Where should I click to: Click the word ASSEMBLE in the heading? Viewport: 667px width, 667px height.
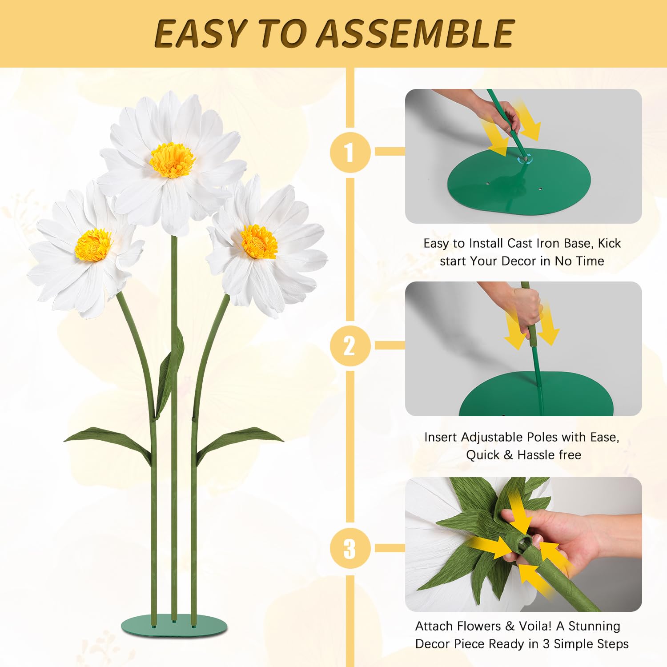coord(415,33)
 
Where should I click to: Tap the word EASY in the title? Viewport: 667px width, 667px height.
coord(200,33)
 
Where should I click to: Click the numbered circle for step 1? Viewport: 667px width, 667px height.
coord(350,152)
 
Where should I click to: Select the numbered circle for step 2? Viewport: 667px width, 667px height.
coord(350,346)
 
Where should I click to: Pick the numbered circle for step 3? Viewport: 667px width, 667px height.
coord(350,548)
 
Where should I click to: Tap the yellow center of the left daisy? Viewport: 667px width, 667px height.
coord(93,245)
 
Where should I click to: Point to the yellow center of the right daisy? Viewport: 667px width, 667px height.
coord(259,242)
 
